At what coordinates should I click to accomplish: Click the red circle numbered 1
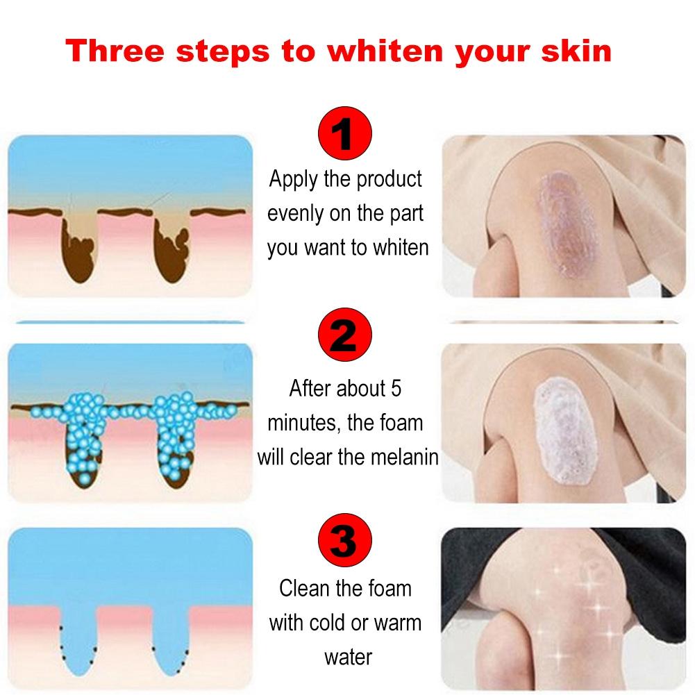(x=345, y=135)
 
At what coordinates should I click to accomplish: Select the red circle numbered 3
(x=345, y=539)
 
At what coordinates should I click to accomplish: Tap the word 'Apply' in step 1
(x=294, y=179)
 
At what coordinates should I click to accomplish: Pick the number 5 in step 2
(x=394, y=388)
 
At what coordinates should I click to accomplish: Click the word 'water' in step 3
(x=348, y=656)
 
